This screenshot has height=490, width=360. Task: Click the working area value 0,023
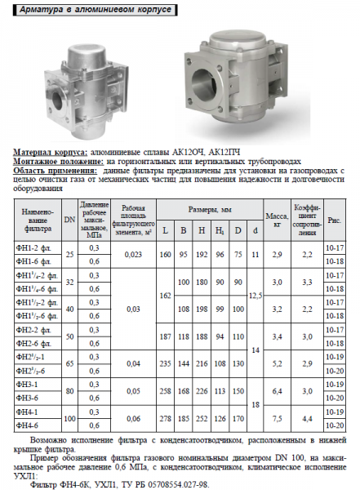[x=131, y=254]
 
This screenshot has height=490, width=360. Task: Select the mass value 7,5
[x=278, y=417]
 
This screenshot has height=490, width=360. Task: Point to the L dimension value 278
[x=166, y=417]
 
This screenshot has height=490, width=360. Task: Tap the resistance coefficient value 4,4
[x=307, y=417]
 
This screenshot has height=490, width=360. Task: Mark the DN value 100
[x=69, y=417]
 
